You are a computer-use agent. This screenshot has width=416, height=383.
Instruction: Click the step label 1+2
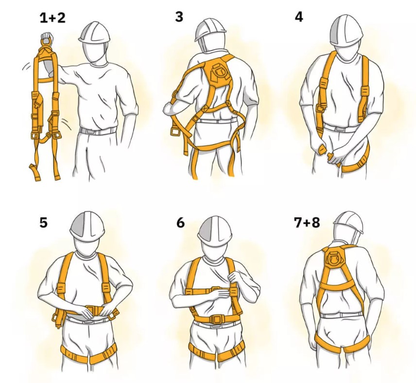52,18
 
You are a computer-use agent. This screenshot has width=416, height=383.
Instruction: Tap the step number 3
179,17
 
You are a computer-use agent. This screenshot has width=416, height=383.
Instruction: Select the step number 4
299,17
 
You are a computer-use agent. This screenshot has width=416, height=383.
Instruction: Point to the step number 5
44,222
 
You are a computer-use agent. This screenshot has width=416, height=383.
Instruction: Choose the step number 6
180,222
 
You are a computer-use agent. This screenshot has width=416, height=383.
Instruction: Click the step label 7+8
307,222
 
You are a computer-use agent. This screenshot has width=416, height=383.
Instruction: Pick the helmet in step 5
87,226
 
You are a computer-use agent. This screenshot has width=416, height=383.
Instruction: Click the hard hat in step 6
215,228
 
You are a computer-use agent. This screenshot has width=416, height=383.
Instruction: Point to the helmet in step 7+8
348,222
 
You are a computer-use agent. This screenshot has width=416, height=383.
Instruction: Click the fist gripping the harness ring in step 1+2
47,36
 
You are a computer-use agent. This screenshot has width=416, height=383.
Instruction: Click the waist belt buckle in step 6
217,318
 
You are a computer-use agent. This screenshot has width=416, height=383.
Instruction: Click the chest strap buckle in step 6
216,290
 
